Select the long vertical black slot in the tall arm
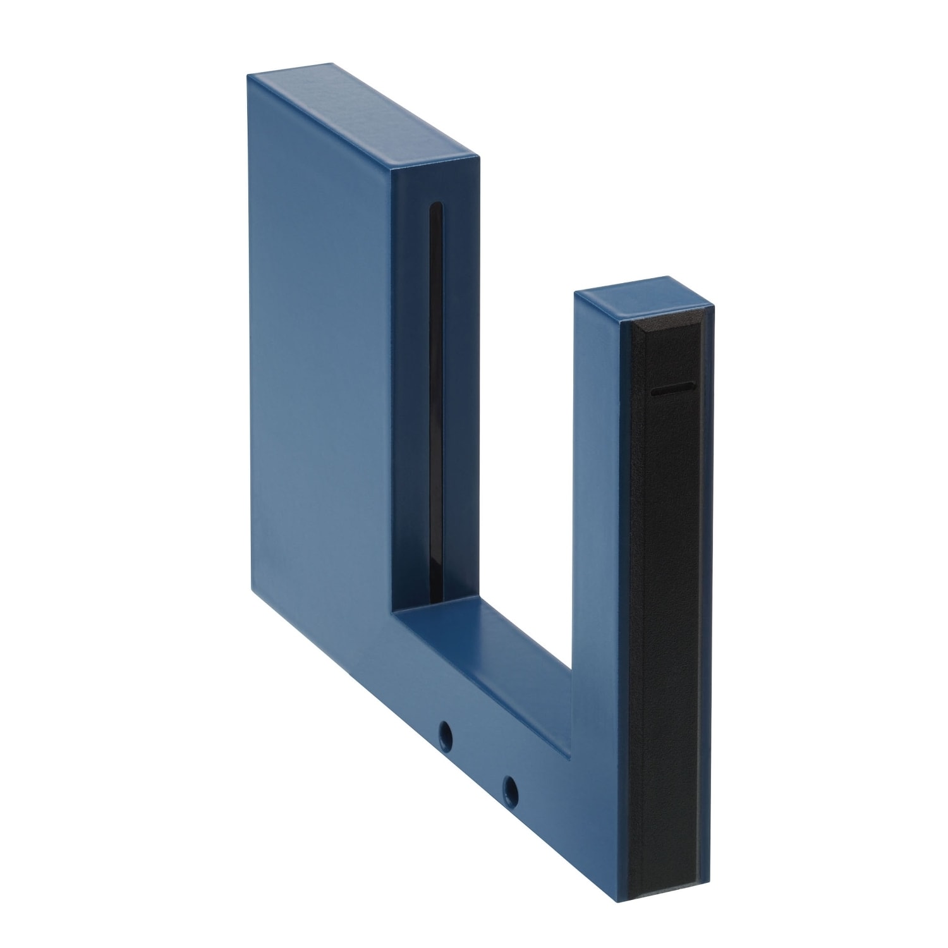pos(435,379)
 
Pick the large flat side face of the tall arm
pos(316,354)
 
